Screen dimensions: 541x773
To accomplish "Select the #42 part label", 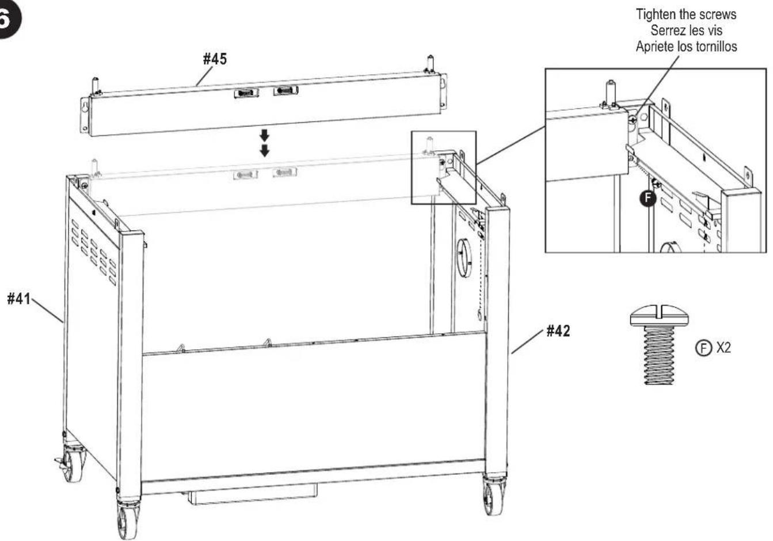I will (558, 331).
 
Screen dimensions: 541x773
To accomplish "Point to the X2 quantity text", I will (722, 348).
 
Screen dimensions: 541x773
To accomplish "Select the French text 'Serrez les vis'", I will (686, 31).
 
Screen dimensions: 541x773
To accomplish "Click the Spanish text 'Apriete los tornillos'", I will (686, 47).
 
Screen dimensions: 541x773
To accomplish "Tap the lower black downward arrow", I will (264, 151).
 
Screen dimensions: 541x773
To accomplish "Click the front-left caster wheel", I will (127, 519).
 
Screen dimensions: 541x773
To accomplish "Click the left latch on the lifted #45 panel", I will (246, 93).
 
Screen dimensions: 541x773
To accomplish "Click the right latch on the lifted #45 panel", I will (285, 90).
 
